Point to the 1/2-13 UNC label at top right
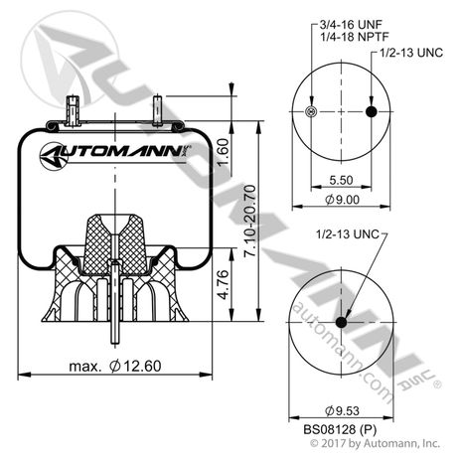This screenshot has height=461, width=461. (x=408, y=50)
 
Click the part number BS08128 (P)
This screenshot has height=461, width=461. (x=341, y=428)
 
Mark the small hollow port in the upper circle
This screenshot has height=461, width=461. (x=311, y=112)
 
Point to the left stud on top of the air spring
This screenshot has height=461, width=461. (x=73, y=108)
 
